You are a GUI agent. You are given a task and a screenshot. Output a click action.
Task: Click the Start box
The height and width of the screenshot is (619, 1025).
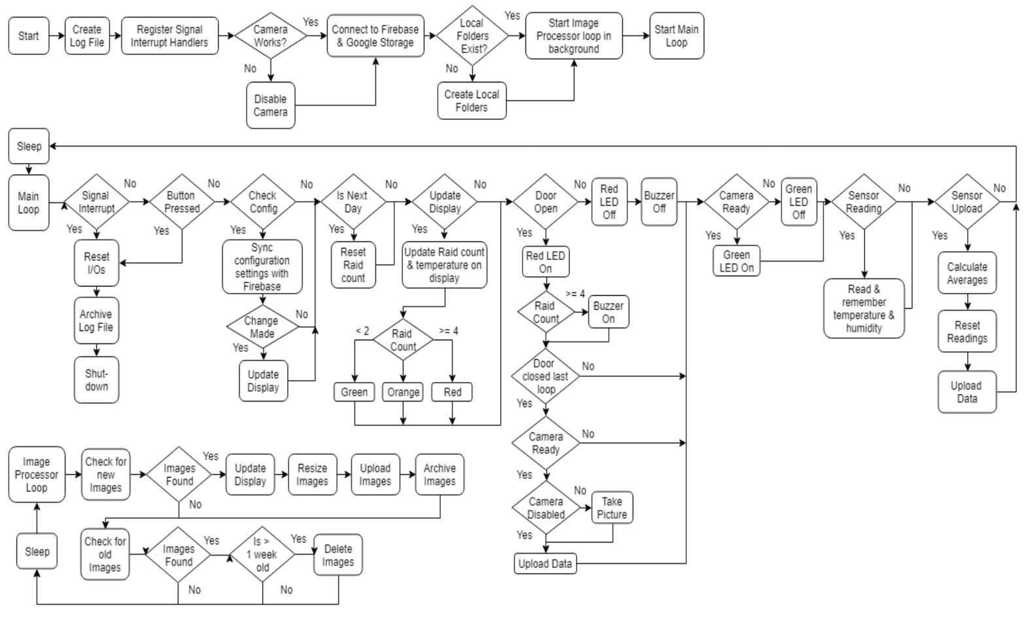[28, 36]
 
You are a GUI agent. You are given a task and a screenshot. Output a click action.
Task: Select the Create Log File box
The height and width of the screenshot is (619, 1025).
[87, 36]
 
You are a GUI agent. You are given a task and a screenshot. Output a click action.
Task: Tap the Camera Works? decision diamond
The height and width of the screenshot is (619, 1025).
[270, 36]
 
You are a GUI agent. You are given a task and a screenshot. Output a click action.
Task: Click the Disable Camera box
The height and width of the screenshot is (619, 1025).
[270, 105]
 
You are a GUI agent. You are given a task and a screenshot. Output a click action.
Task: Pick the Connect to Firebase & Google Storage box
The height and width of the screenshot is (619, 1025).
[375, 36]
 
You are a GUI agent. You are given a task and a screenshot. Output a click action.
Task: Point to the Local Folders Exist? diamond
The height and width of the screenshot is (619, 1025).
[472, 36]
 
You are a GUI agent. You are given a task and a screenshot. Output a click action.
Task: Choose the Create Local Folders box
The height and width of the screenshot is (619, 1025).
[472, 101]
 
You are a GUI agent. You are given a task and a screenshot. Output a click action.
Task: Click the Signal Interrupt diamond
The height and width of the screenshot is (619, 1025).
[96, 202]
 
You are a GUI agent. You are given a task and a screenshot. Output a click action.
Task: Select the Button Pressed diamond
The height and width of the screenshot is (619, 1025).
[181, 202]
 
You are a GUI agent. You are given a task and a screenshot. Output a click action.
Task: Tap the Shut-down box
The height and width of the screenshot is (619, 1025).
[97, 380]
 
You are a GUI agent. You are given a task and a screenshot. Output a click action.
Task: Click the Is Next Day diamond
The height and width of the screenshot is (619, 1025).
[353, 202]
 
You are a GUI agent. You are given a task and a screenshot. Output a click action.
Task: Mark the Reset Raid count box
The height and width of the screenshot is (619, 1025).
[353, 265]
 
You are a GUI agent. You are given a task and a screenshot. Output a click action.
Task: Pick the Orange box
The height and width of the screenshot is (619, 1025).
[403, 392]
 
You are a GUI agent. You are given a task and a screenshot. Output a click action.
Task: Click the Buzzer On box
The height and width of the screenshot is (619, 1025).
[608, 312]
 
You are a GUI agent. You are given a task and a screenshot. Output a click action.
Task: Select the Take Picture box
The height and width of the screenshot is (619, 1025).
[612, 508]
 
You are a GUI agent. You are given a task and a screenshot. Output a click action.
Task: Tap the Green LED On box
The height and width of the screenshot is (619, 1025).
[737, 261]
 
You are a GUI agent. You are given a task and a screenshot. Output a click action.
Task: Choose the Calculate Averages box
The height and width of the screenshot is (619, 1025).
[967, 274]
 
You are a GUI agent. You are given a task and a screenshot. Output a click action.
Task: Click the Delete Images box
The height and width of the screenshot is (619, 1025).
[338, 556]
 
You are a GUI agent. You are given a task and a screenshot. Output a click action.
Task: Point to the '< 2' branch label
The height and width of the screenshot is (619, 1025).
[362, 331]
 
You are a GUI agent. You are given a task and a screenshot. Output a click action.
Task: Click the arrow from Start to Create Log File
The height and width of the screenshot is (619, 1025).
[57, 36]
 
